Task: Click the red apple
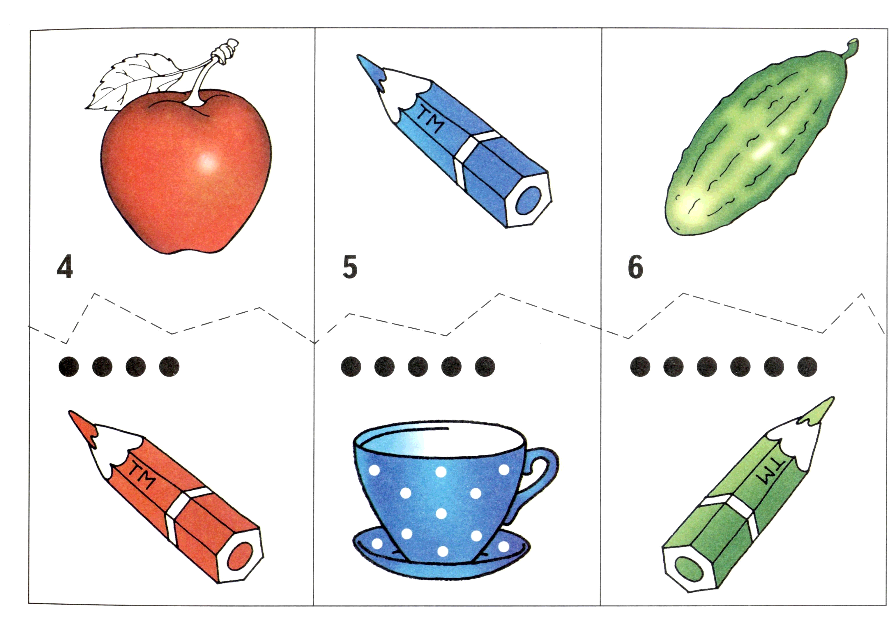click(186, 172)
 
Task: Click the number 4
click(65, 267)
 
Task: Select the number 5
click(350, 267)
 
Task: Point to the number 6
click(635, 267)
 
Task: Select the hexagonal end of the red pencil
click(240, 556)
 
